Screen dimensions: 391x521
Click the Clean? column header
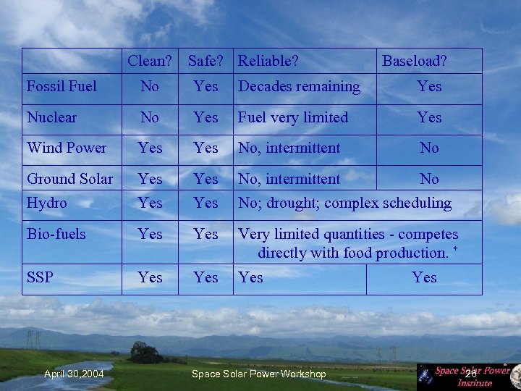150,61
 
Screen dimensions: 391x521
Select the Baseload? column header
414,61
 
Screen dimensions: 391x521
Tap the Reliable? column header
268,61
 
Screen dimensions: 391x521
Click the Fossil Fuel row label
62,86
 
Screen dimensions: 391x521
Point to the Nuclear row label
51,117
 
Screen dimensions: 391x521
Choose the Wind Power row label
67,148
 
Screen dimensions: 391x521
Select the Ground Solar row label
69,178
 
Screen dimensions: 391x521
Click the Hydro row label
46,203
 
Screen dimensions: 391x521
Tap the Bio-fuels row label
56,234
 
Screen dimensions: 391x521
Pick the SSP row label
40,277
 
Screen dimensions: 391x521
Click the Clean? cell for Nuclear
150,117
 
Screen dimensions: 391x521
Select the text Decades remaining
299,86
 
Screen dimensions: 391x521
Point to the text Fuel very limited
293,117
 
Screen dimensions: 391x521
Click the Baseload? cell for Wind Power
429,148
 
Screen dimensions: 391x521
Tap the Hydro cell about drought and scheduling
344,203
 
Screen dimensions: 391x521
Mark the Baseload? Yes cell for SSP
424,277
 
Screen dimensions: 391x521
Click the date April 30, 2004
74,374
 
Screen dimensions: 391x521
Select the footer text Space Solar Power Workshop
258,374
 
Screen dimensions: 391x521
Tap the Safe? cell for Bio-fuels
206,234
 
